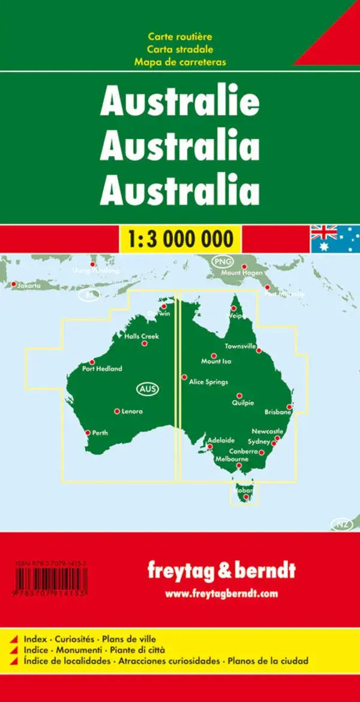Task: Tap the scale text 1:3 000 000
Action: pyautogui.click(x=179, y=239)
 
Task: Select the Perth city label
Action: pyautogui.click(x=100, y=433)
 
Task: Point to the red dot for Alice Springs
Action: pyautogui.click(x=184, y=377)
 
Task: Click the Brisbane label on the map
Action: pyautogui.click(x=278, y=412)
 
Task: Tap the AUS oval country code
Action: pyautogui.click(x=148, y=389)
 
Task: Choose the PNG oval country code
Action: pyautogui.click(x=221, y=261)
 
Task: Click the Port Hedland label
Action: pyautogui.click(x=103, y=369)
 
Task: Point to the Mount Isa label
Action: pyautogui.click(x=216, y=361)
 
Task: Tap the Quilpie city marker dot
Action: pyautogui.click(x=239, y=395)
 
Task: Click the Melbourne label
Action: pyautogui.click(x=232, y=458)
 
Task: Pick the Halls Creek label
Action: pyautogui.click(x=142, y=337)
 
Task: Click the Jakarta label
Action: pyautogui.click(x=29, y=286)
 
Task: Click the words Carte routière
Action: pyautogui.click(x=179, y=38)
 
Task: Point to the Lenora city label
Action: pyautogui.click(x=132, y=412)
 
